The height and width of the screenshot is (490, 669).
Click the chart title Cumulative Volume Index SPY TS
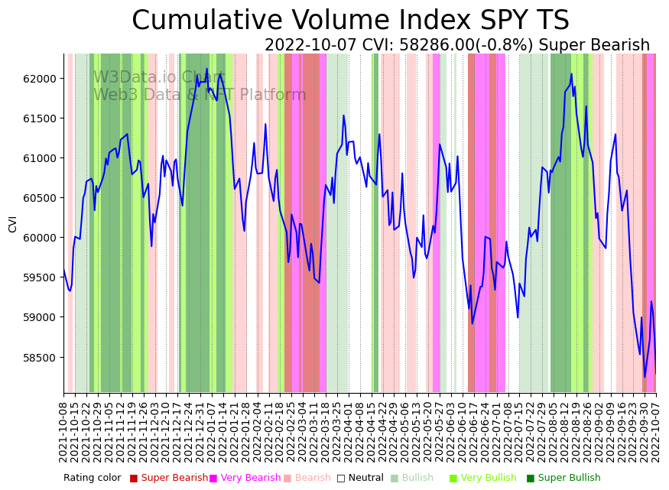pos(350,21)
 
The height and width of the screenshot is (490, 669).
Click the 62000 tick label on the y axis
pos(41,79)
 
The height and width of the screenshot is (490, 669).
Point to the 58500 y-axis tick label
pos(41,357)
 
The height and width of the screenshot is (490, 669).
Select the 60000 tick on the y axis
pos(41,238)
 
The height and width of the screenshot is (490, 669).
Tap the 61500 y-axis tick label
pos(41,118)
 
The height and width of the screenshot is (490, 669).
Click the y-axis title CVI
pos(13,223)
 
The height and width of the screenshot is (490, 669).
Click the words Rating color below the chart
pos(92,478)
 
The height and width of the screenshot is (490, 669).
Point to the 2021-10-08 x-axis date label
pos(64,432)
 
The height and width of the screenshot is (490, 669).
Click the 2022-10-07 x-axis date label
pos(655,432)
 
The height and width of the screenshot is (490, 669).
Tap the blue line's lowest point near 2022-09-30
pos(645,376)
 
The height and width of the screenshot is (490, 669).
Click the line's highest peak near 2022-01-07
pos(206,69)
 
